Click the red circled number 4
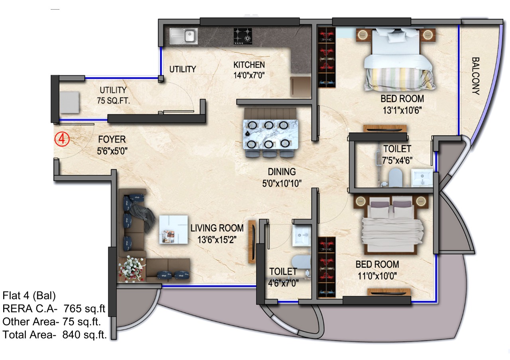[62, 139]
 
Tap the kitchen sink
[184, 36]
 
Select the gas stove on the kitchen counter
[243, 36]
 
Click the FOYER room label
[112, 139]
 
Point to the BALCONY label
[476, 76]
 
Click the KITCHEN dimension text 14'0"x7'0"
[249, 75]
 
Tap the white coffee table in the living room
[173, 230]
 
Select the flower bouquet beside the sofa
[132, 269]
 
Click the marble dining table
[270, 134]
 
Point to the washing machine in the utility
[69, 102]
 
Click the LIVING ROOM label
[217, 228]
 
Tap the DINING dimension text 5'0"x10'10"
[282, 184]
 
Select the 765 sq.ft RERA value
[84, 309]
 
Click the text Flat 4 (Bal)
[29, 295]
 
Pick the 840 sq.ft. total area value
[84, 335]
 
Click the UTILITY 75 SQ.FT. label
[113, 95]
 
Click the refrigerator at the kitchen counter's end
[300, 87]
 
